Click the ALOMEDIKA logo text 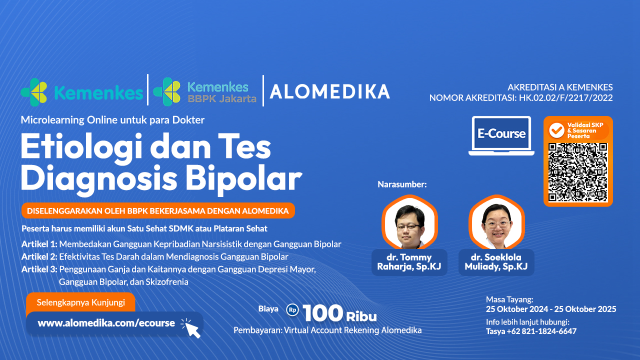[329, 91]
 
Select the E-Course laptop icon [501, 135]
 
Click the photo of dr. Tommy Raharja [409, 224]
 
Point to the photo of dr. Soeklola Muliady [496, 224]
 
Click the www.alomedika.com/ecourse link [106, 323]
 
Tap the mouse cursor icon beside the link [190, 328]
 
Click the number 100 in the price [322, 313]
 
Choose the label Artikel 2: [39, 257]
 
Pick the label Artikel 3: [39, 269]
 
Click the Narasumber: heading [402, 184]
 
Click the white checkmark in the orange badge [556, 130]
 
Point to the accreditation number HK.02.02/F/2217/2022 [565, 98]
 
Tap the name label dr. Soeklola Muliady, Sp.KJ [496, 262]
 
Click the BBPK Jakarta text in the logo [221, 98]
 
